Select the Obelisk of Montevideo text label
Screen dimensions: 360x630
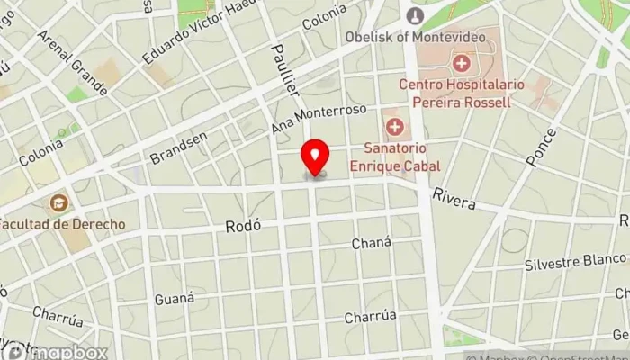point(415,38)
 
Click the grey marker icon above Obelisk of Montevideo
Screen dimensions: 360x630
point(415,15)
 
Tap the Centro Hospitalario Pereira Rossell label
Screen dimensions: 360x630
point(455,93)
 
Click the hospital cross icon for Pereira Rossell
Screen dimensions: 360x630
point(462,63)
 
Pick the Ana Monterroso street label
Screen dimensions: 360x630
point(319,120)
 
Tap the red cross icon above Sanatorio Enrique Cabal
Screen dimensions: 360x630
point(394,124)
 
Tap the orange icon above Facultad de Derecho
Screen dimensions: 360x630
point(59,203)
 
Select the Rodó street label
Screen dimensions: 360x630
point(245,227)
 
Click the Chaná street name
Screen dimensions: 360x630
point(372,244)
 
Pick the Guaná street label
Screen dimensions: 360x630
point(174,298)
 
